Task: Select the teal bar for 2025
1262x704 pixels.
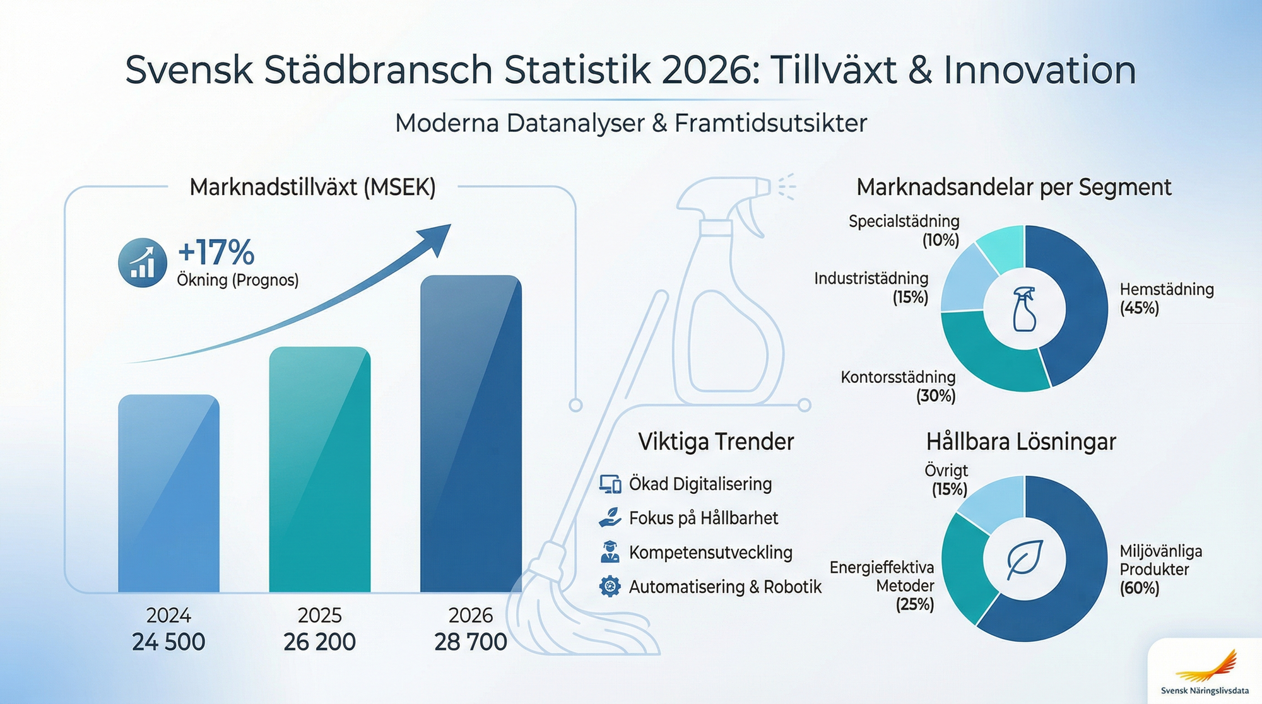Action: click(x=319, y=469)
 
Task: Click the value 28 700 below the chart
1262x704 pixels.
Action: click(x=471, y=642)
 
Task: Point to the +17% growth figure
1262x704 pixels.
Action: click(x=216, y=252)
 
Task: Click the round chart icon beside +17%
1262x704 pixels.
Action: click(x=143, y=262)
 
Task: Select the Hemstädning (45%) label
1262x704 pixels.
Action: click(x=1166, y=298)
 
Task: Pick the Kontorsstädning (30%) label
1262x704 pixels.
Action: click(x=898, y=386)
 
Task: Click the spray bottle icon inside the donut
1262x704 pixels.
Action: click(x=1024, y=309)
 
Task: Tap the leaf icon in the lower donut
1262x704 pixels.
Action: click(x=1024, y=559)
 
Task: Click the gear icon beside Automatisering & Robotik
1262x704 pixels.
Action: click(x=610, y=587)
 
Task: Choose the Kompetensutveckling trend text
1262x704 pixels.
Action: click(x=711, y=553)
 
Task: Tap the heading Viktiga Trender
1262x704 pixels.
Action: click(x=716, y=442)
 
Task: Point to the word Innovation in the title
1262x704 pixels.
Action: click(x=1039, y=69)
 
